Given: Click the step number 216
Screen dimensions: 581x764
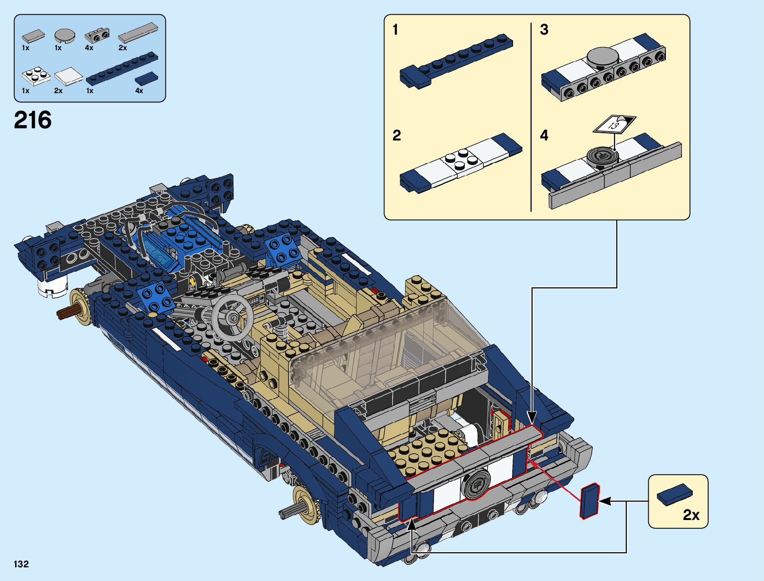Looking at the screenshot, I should (33, 120).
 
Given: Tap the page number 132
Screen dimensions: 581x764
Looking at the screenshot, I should (21, 564).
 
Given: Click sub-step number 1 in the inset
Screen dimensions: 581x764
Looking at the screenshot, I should (395, 30).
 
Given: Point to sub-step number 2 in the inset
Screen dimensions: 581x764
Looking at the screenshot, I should (396, 135).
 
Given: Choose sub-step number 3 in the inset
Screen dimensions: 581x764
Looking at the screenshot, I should (544, 30).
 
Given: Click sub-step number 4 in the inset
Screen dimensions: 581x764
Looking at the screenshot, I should (544, 135).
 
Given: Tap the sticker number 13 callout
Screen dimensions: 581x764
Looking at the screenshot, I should (614, 124).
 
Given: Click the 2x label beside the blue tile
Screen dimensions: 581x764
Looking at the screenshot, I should (691, 515).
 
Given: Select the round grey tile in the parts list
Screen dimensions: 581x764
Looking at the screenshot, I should (64, 35).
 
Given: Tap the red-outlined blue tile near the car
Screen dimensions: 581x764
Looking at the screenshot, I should (589, 501).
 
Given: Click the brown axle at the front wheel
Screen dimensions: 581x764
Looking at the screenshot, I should (65, 313).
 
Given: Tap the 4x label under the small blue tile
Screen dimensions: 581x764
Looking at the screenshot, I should (139, 91).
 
